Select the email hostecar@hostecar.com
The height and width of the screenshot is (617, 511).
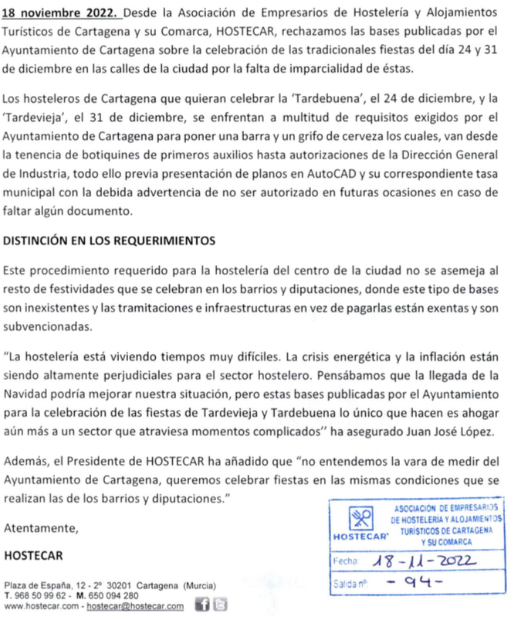[134, 607]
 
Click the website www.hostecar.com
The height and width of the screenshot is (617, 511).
[40, 607]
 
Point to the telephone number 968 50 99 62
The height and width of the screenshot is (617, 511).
[45, 595]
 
